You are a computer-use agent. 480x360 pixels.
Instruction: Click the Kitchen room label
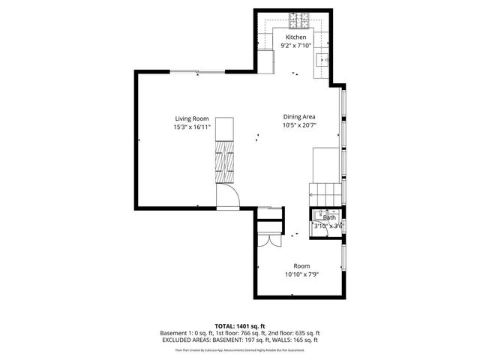(295, 37)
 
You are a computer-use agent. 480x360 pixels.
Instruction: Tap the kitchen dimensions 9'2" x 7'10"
(295, 45)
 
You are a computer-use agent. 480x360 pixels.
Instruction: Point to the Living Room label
(191, 118)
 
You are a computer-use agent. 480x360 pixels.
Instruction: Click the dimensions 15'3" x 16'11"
(191, 127)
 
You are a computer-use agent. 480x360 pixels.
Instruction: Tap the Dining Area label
(298, 116)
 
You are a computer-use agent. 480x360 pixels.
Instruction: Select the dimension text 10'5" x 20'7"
(298, 125)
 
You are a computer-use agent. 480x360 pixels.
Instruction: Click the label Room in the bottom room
(301, 265)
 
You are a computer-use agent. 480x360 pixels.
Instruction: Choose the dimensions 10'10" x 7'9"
(301, 274)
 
